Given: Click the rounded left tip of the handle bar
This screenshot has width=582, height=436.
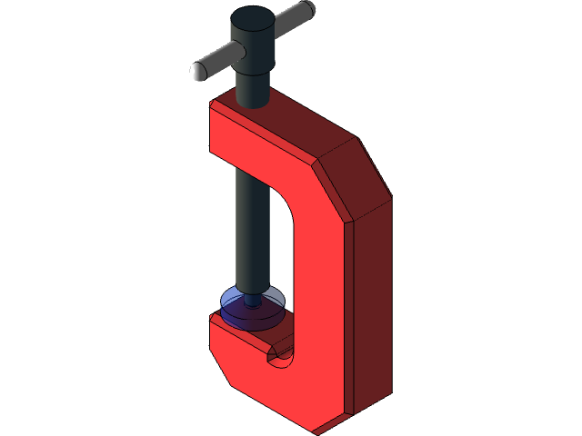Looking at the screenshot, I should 196,72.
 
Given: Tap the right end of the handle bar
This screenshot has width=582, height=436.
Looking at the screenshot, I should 310,9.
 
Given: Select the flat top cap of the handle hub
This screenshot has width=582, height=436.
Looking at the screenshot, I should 252,17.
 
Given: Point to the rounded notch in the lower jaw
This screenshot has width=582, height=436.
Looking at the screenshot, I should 280,358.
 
